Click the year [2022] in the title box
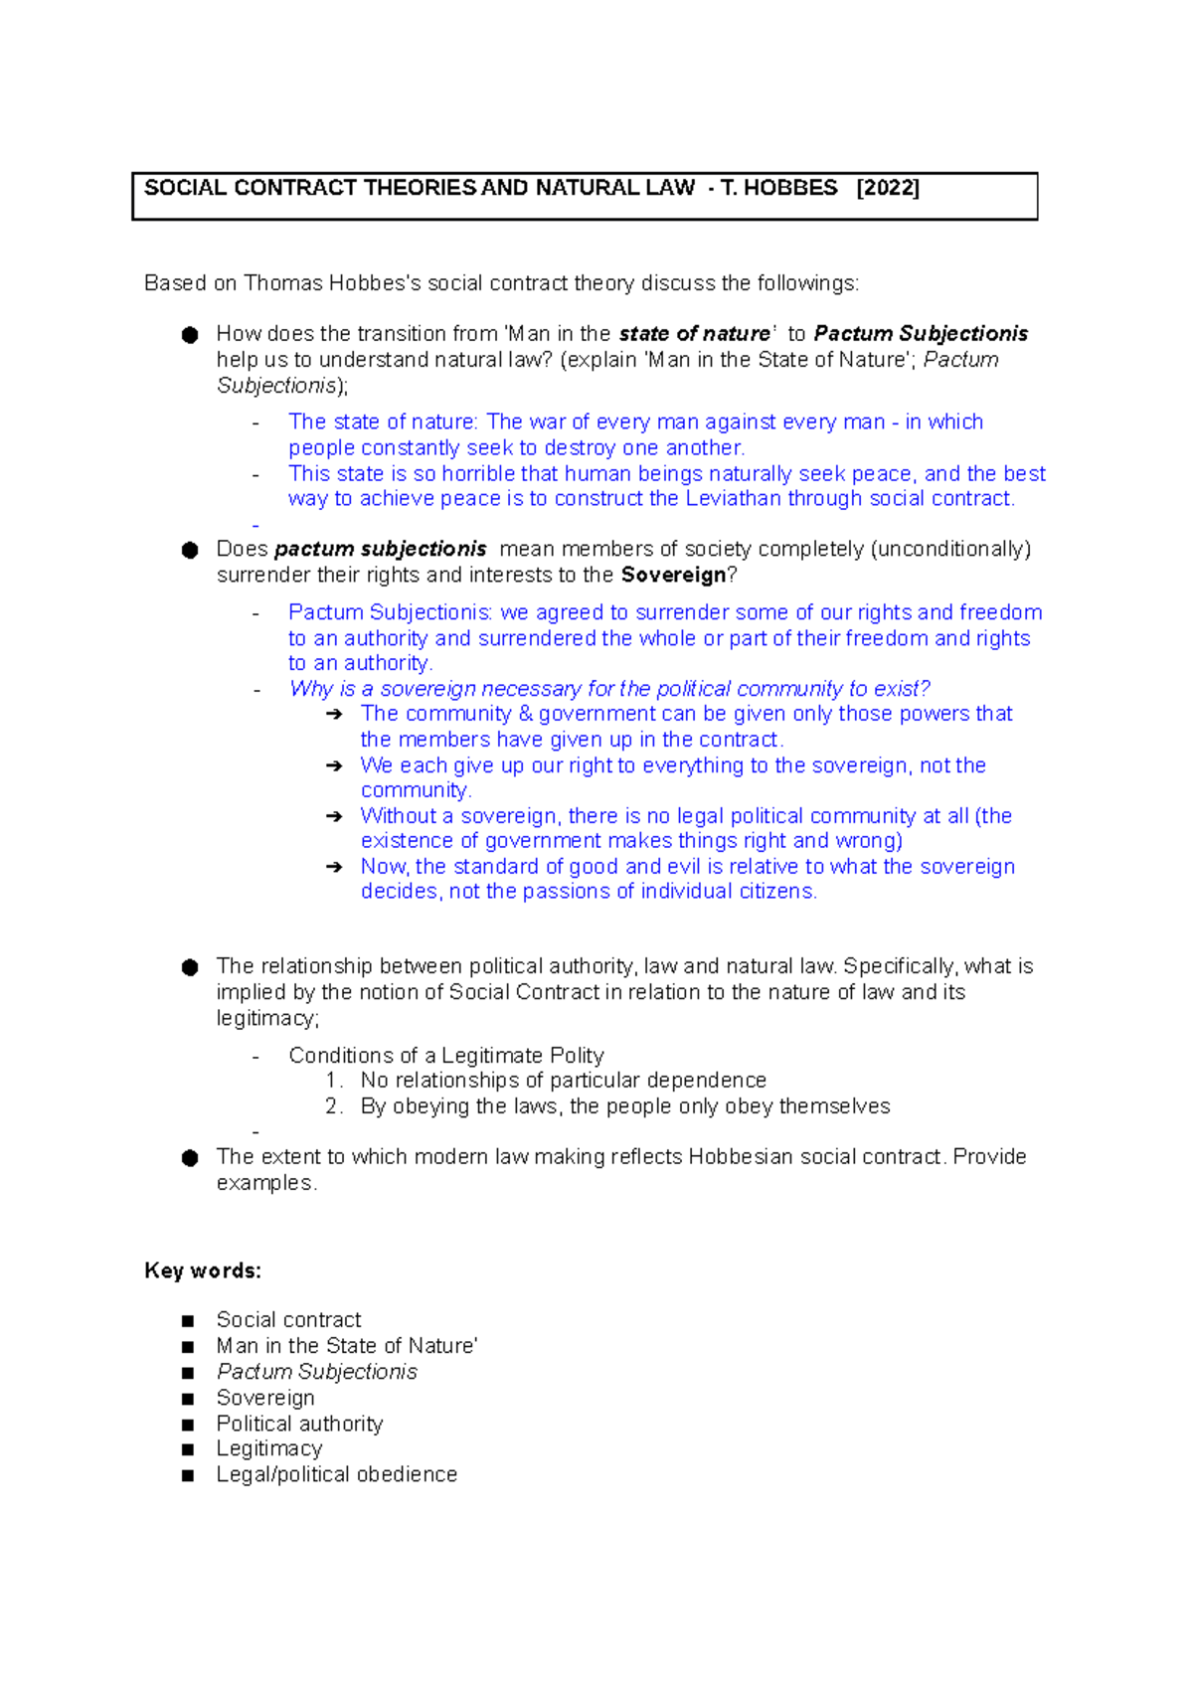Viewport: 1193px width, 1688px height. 888,188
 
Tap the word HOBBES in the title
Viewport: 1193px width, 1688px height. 790,188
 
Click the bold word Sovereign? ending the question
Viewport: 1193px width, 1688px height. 679,575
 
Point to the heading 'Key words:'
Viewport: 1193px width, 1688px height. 203,1270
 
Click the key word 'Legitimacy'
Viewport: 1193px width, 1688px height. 269,1448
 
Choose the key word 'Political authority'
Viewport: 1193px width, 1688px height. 299,1424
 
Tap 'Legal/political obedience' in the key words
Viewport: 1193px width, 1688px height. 337,1474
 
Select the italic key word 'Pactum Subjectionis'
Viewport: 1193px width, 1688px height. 317,1372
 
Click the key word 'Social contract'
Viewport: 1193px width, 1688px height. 288,1319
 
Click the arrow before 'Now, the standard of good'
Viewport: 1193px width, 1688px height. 334,867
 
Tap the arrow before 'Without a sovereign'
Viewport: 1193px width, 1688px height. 334,816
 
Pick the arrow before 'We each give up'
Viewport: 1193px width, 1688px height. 334,765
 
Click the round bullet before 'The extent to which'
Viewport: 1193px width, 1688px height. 190,1157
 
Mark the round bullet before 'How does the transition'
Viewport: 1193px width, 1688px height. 190,335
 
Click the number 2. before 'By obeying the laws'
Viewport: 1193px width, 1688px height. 334,1106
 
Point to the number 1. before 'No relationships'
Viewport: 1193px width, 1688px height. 334,1081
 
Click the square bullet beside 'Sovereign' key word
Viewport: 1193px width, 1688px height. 188,1399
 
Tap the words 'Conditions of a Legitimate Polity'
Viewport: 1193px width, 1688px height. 446,1055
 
